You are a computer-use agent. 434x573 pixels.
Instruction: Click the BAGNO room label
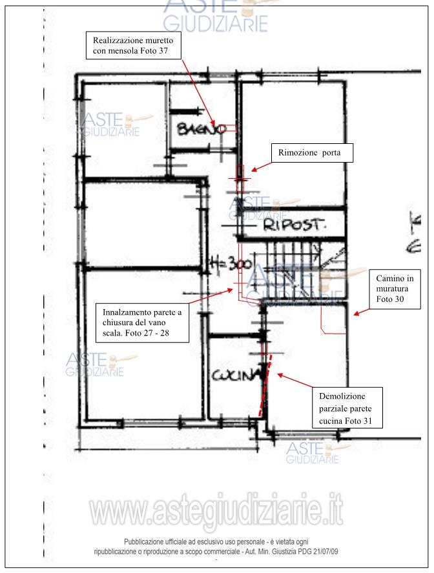pos(201,129)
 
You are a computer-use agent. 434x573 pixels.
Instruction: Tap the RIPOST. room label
pos(294,225)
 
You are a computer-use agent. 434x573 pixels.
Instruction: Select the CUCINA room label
pos(236,376)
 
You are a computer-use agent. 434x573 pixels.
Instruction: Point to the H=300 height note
pos(231,263)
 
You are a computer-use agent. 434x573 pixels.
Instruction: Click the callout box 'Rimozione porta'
pos(312,153)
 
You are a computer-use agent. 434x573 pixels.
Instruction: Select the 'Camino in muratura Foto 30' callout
pos(395,289)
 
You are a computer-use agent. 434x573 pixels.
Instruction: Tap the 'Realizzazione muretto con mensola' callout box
pos(134,45)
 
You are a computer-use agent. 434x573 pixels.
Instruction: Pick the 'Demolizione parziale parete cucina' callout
pos(347,408)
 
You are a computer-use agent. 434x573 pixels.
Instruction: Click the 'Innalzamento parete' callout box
pos(142,323)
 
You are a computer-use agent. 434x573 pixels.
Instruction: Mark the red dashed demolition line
pos(265,385)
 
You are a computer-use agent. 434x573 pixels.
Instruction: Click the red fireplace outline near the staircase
pos(333,320)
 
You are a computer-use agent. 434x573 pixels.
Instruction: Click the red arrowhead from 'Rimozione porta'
pos(254,170)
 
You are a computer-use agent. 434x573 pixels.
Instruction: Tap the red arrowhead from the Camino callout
pos(356,313)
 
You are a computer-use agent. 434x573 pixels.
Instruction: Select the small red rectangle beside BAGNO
pos(231,128)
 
